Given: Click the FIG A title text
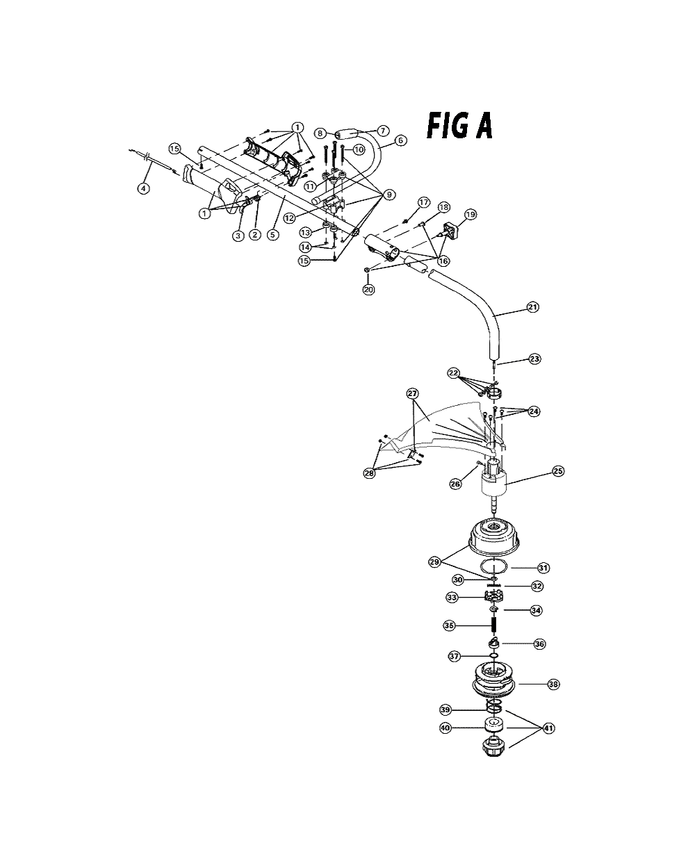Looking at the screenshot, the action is pyautogui.click(x=459, y=126).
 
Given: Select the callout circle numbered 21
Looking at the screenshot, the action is pyautogui.click(x=532, y=307).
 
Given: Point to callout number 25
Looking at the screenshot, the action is pyautogui.click(x=558, y=471).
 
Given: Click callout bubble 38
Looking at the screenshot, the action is pyautogui.click(x=553, y=684).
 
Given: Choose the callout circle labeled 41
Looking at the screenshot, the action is pyautogui.click(x=549, y=728).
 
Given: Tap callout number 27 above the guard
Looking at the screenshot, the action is pyautogui.click(x=412, y=393).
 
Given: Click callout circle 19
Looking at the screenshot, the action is pyautogui.click(x=471, y=214).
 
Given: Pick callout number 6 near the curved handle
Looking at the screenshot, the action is pyautogui.click(x=400, y=140).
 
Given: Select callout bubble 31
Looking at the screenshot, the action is pyautogui.click(x=543, y=568).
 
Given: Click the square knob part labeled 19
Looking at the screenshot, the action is pyautogui.click(x=451, y=231).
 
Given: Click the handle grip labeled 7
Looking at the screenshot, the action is pyautogui.click(x=347, y=133).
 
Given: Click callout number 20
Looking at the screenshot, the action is pyautogui.click(x=368, y=289).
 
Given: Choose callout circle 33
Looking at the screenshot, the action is pyautogui.click(x=452, y=598).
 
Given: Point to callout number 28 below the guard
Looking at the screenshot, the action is pyautogui.click(x=369, y=473).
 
